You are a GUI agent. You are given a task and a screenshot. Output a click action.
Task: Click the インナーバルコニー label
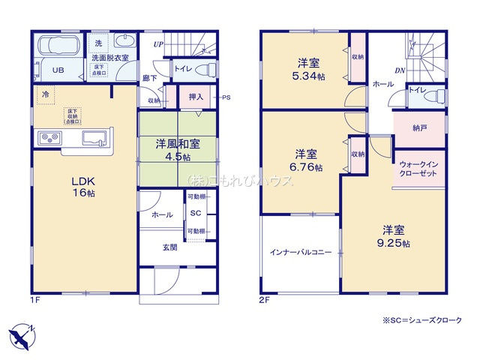(300, 253)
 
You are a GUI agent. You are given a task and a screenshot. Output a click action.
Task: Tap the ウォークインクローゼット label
(419, 168)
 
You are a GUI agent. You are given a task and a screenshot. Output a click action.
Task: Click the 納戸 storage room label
(418, 127)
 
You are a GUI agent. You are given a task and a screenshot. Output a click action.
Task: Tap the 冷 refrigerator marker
(45, 95)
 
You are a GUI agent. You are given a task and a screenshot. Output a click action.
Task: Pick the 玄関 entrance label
(169, 247)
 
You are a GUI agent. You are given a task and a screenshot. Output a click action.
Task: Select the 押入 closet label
(196, 97)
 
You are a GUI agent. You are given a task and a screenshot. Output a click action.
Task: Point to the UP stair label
(158, 44)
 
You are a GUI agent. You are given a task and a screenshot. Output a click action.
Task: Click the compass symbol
(23, 333)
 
